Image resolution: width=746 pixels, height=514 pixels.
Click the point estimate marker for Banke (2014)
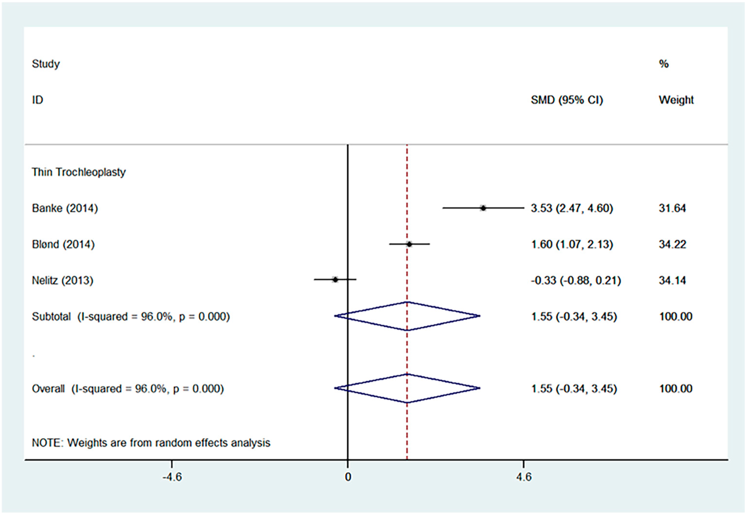(483, 208)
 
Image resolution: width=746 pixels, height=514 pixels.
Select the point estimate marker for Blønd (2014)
(409, 244)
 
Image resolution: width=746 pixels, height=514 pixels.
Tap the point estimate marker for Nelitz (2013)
(335, 280)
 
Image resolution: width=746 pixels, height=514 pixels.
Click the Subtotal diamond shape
(407, 316)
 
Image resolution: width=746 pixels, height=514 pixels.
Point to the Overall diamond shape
(407, 388)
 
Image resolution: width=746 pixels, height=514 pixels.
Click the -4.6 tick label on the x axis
(172, 477)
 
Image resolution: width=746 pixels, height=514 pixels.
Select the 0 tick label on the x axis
(348, 477)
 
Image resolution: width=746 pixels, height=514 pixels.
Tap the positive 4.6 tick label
(524, 477)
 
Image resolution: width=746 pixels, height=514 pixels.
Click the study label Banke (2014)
(65, 208)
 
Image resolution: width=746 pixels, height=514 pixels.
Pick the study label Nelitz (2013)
(62, 280)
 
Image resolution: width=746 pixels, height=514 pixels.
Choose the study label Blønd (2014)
(63, 244)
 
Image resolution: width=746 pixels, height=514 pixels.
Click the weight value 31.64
(672, 208)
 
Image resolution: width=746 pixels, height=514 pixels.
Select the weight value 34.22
(672, 244)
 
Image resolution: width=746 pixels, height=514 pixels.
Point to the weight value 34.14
(672, 280)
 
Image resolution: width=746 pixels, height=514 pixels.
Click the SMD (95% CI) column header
(567, 100)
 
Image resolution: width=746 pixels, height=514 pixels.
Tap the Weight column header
(676, 100)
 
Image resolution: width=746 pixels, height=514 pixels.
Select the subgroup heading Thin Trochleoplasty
(79, 172)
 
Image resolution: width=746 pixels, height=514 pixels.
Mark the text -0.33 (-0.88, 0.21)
(576, 280)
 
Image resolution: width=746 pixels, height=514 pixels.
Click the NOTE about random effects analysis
(151, 443)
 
